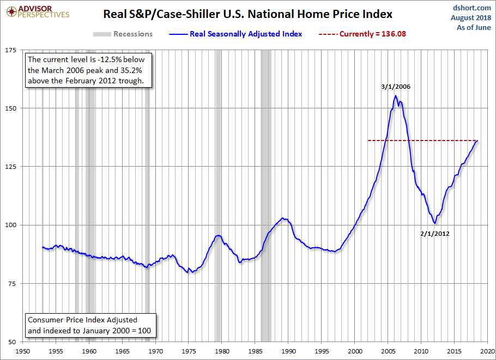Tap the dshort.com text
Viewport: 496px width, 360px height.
pos(471,8)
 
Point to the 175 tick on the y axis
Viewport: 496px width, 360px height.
pos(10,50)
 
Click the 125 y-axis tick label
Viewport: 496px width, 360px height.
pos(10,167)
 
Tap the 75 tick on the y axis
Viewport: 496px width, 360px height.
pos(12,284)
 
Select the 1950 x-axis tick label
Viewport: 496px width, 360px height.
pos(22,352)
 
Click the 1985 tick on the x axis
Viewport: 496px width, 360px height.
pos(255,352)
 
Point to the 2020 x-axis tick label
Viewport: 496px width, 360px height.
pos(488,352)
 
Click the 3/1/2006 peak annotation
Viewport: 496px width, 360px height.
pos(395,86)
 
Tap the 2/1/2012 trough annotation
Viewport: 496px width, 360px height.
pos(435,234)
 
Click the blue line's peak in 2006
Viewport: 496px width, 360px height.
pos(396,96)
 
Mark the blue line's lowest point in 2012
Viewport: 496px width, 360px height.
pos(434,223)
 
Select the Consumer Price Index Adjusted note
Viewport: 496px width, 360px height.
pos(89,325)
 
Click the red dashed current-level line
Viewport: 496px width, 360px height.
pos(420,141)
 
